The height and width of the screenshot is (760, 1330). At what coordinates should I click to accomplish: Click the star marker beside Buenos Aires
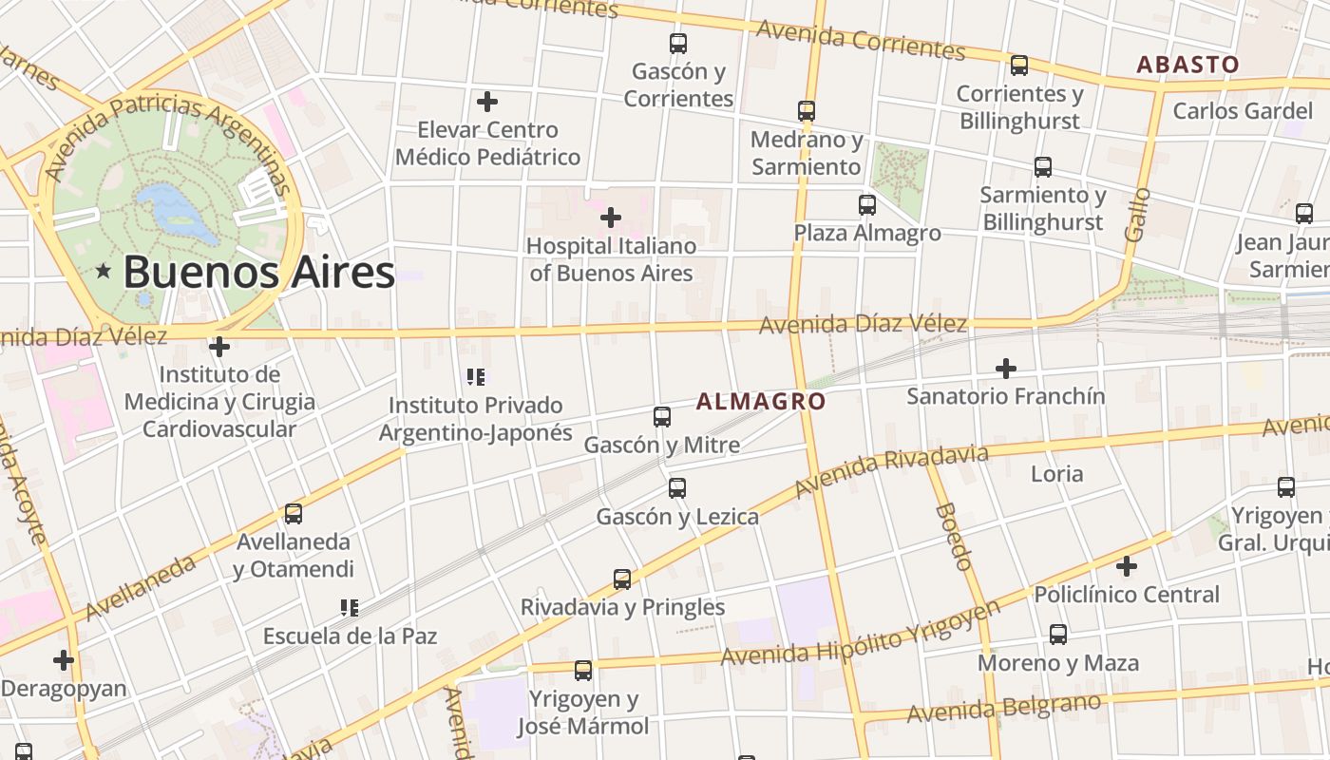click(104, 272)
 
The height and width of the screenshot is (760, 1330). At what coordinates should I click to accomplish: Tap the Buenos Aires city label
click(258, 272)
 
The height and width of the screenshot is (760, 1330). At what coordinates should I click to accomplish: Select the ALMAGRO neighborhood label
click(761, 402)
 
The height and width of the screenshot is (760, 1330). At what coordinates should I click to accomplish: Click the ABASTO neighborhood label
click(1188, 65)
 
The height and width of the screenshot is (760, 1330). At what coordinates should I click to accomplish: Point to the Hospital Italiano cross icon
click(610, 218)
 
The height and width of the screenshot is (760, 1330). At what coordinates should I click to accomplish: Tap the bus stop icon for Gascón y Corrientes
click(677, 44)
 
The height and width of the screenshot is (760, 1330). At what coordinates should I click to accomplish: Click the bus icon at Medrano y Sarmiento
click(807, 111)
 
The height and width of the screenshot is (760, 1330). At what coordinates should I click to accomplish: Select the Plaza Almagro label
click(867, 233)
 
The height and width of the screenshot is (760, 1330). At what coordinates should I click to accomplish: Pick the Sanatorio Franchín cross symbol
click(1006, 368)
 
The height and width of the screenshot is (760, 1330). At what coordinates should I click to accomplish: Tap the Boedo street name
click(954, 537)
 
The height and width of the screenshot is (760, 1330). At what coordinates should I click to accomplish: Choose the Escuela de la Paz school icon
click(349, 607)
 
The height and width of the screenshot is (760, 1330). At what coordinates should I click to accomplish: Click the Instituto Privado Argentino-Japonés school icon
click(476, 377)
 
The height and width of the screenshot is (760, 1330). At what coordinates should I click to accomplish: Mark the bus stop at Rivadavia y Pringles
click(622, 579)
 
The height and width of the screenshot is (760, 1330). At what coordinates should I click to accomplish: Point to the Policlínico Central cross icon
click(1127, 566)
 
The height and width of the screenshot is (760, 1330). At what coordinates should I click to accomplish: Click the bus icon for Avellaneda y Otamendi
click(294, 514)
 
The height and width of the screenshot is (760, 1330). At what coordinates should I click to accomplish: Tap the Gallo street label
click(1136, 214)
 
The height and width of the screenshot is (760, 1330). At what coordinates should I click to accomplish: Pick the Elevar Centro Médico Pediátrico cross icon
click(487, 102)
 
